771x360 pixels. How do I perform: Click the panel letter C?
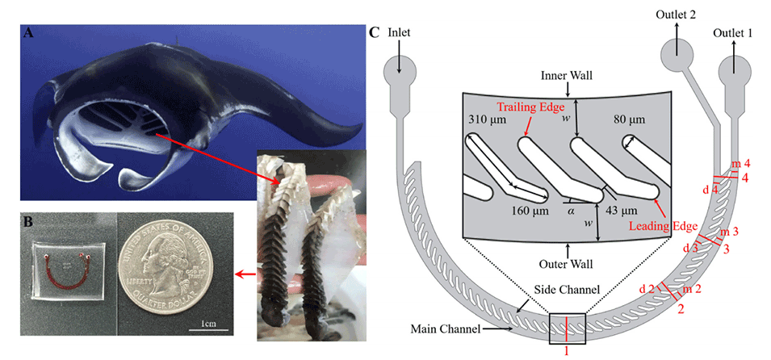[374, 33]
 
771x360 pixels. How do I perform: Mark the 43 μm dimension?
[622, 211]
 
